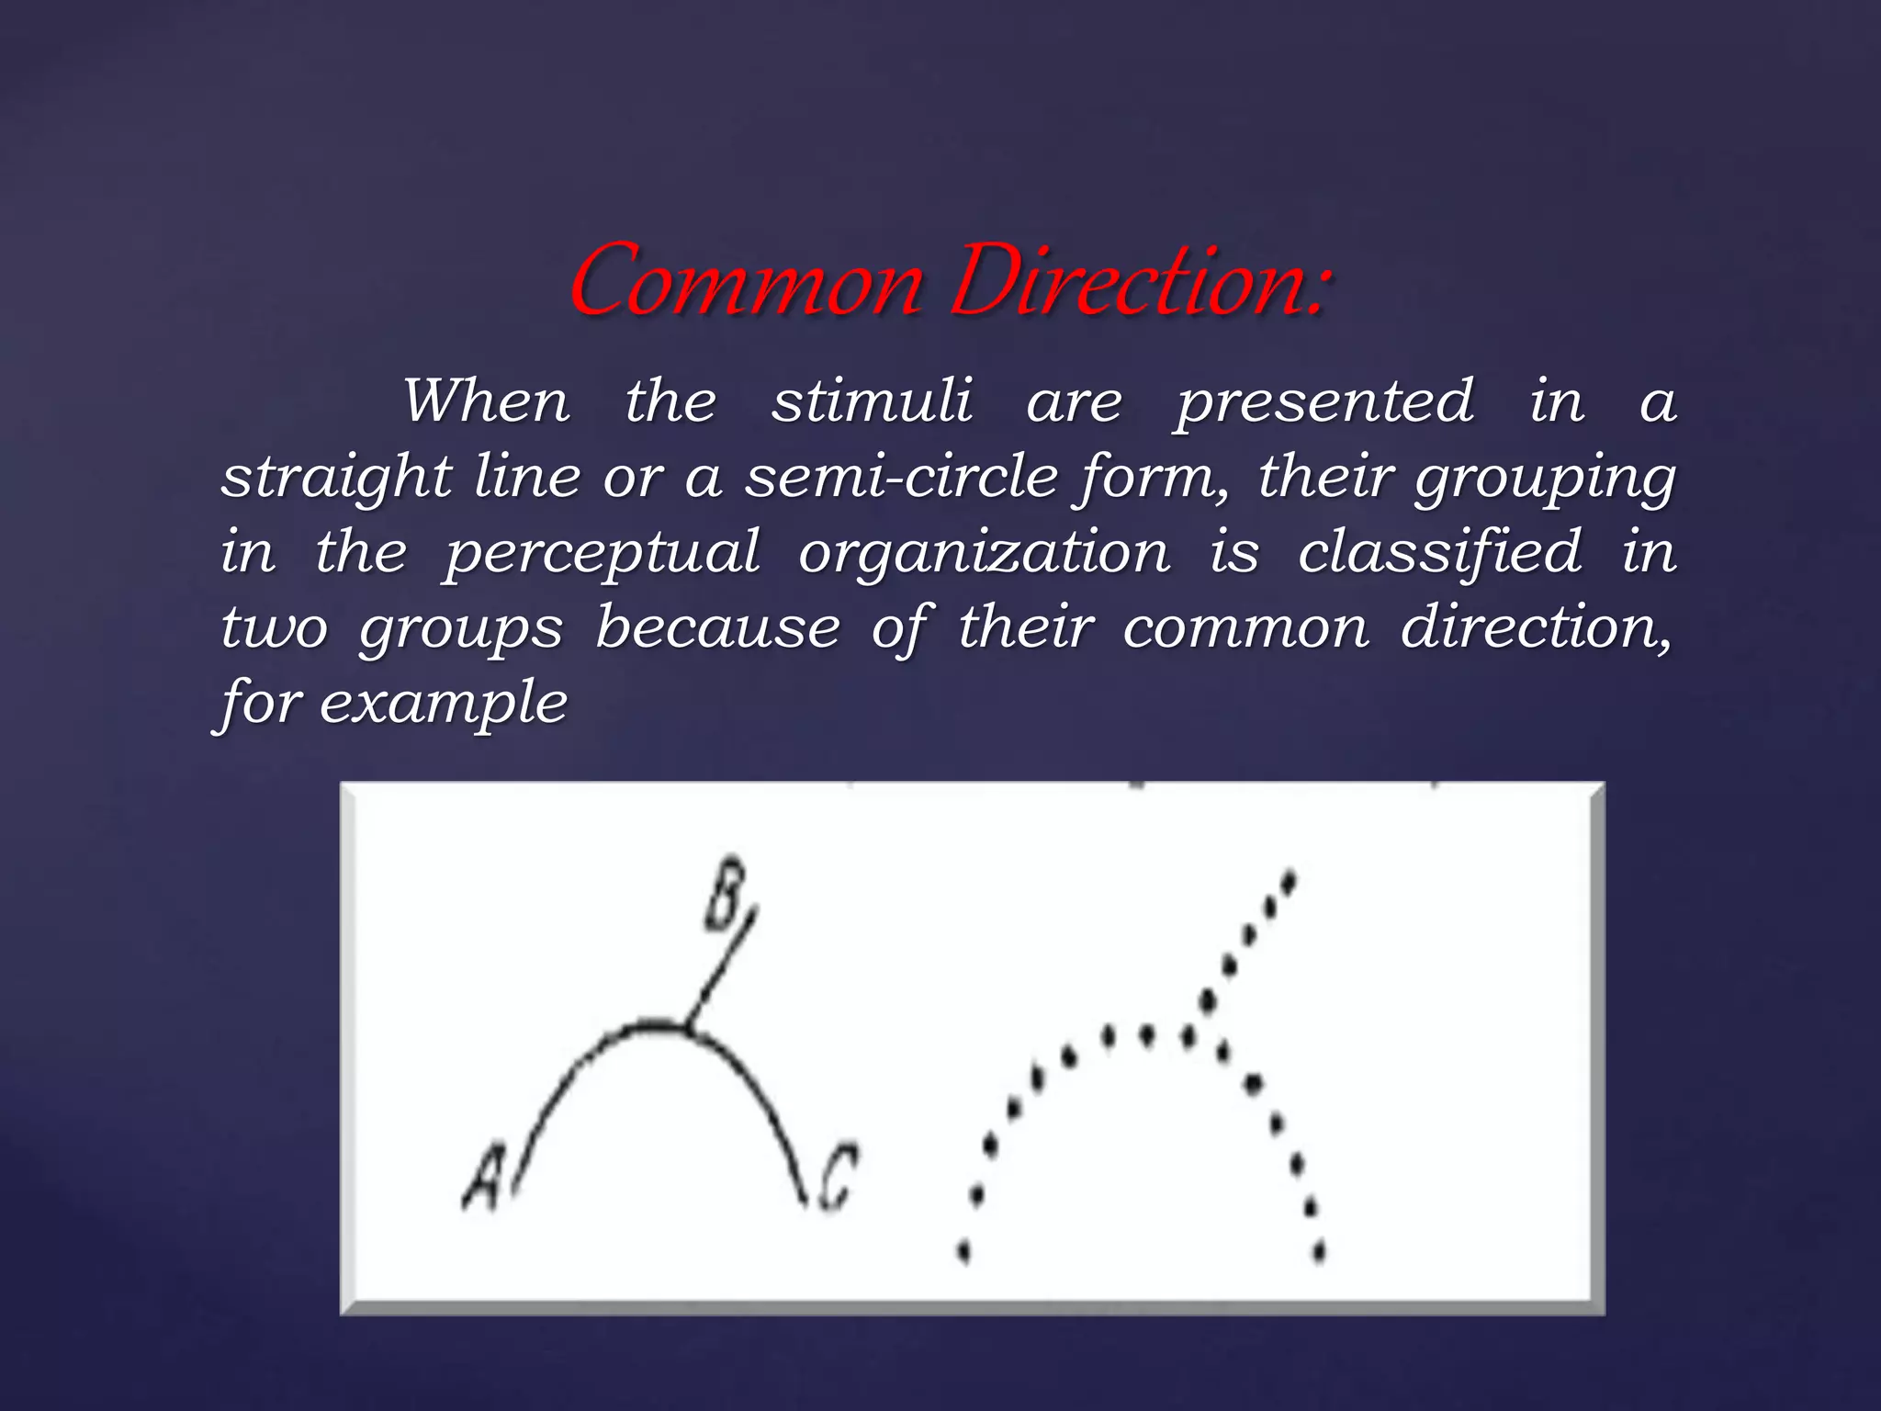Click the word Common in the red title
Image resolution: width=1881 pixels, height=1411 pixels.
pos(746,281)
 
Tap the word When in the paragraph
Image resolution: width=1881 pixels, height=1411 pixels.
pos(487,401)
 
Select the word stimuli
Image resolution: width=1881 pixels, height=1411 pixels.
pos(872,401)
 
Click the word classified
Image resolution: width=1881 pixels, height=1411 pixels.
pos(1440,552)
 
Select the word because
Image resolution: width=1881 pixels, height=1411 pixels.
pos(717,628)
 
